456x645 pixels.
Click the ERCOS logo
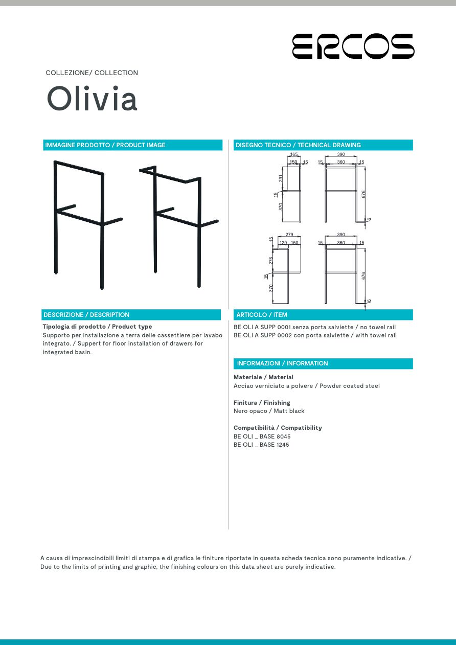tap(353, 46)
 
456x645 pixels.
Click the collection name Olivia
tap(92, 99)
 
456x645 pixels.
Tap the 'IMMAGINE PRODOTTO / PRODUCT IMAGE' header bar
tap(133, 145)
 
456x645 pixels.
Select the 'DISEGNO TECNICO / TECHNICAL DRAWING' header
tap(323, 145)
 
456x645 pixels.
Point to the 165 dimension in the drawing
tap(294, 154)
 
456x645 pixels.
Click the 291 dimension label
tap(281, 178)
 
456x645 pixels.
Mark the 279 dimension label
tap(289, 235)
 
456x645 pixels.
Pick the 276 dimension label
tap(271, 260)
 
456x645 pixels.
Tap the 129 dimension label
tap(283, 243)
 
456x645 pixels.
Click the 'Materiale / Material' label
tap(263, 377)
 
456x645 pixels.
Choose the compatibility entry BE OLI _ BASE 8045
tap(262, 436)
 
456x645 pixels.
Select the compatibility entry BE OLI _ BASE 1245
tap(261, 445)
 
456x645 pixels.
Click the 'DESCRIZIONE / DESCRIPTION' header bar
tap(131, 315)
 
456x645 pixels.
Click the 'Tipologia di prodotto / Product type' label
tap(97, 327)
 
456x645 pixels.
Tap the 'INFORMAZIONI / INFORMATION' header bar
tap(323, 363)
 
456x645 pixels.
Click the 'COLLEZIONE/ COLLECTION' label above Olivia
tap(92, 73)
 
